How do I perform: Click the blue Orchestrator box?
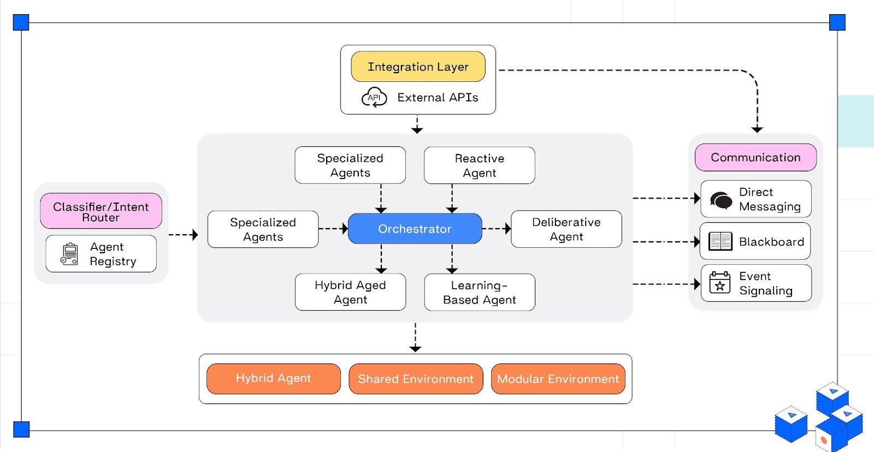point(415,229)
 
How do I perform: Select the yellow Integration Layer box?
point(418,67)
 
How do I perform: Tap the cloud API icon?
point(374,98)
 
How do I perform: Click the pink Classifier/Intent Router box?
point(101,211)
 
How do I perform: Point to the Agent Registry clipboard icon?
point(69,254)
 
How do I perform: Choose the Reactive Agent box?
point(479,165)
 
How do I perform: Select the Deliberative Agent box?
point(566,229)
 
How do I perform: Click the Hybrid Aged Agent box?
point(350,292)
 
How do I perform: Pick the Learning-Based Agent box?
point(479,292)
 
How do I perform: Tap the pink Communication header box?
point(755,157)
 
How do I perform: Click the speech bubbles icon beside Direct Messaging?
point(721,200)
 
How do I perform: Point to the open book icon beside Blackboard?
point(720,241)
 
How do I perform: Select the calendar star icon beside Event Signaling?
point(719,283)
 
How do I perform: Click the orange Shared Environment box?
point(416,379)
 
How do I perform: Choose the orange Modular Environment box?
point(558,379)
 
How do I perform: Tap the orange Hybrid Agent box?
point(273,378)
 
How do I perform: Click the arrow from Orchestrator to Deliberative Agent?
point(497,229)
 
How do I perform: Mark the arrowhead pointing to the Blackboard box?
point(696,241)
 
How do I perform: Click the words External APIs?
point(438,98)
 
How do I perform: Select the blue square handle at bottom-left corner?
point(21,429)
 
